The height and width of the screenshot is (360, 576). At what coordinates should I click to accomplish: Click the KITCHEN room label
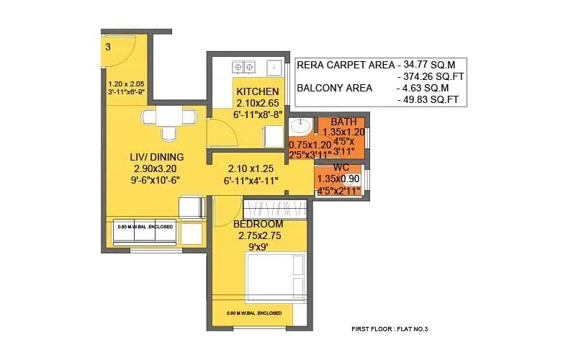(258, 91)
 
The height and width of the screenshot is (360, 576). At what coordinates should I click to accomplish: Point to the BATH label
(343, 122)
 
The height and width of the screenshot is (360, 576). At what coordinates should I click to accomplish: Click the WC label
(341, 167)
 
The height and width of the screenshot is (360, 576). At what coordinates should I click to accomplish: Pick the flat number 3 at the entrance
(108, 47)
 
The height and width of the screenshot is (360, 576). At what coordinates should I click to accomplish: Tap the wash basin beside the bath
(300, 127)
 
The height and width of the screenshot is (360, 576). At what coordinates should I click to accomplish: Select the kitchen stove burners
(243, 67)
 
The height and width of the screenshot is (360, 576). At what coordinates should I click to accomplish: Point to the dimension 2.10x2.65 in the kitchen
(258, 104)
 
